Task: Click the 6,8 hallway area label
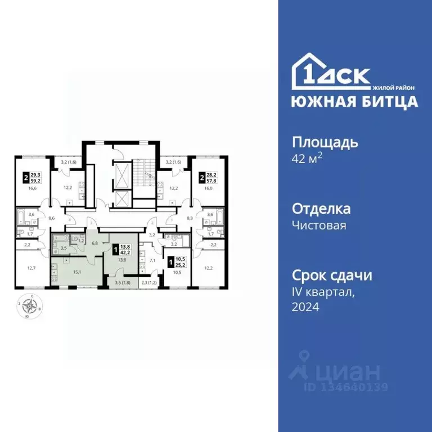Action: [x=94, y=243]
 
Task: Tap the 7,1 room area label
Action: [x=152, y=260]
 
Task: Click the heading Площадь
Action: [x=325, y=142]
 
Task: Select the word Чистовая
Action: [x=319, y=226]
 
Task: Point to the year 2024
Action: [x=305, y=307]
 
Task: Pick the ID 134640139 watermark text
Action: [x=346, y=386]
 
